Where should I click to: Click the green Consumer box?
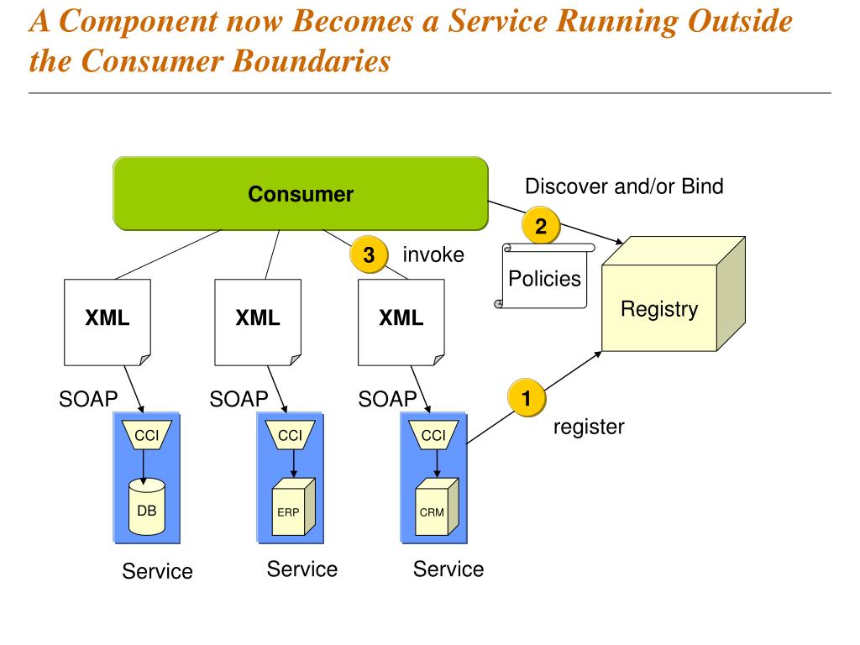tap(301, 194)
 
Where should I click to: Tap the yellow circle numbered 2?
tap(541, 225)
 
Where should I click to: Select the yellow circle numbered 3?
tap(370, 254)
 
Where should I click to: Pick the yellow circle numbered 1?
tap(527, 397)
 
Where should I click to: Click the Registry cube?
tap(673, 294)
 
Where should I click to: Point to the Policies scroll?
tap(544, 275)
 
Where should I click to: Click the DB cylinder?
tap(146, 506)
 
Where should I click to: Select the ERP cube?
tap(293, 506)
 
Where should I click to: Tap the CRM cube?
tap(437, 506)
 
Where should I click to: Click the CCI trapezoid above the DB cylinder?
tap(146, 435)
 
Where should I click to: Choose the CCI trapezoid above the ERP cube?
tap(290, 435)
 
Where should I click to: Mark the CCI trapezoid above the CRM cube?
tap(434, 435)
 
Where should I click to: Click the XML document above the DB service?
tap(107, 322)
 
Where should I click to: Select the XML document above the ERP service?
tap(258, 322)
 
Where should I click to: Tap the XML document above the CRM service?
tap(401, 322)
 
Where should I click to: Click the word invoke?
tap(433, 255)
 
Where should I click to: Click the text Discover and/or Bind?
tap(624, 186)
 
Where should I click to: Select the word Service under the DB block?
tap(157, 571)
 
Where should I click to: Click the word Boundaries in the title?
tap(311, 60)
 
